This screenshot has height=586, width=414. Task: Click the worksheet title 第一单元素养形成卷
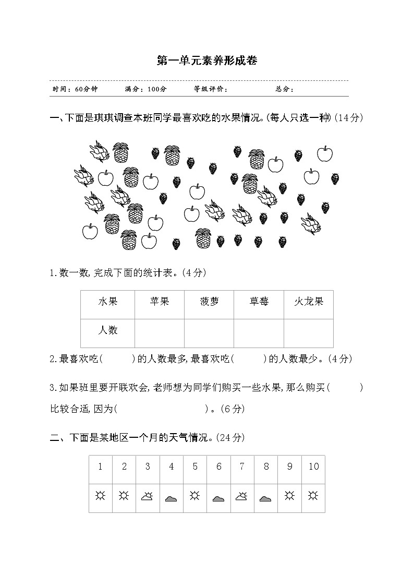pos(207,61)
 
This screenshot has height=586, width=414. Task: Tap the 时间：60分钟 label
pos(75,89)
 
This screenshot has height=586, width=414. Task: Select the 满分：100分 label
pos(146,89)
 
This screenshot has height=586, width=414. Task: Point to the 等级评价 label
pos(211,89)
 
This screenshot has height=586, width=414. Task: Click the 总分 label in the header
pos(285,89)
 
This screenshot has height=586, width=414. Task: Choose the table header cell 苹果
pos(159,302)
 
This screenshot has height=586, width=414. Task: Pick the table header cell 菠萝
pos(209,302)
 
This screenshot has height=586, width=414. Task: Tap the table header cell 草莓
pos(259,302)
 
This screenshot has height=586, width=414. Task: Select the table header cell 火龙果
pos(309,302)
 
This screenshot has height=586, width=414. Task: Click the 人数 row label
pos(108,330)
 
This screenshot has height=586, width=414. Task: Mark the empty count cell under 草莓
pos(259,333)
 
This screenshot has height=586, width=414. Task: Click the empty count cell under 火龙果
pos(309,333)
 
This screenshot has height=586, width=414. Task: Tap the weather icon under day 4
pos(172,499)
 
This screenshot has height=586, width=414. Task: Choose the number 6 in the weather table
pos(218,467)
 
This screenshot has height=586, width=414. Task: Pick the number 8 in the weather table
pos(266,467)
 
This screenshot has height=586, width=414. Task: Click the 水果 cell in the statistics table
pos(108,302)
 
